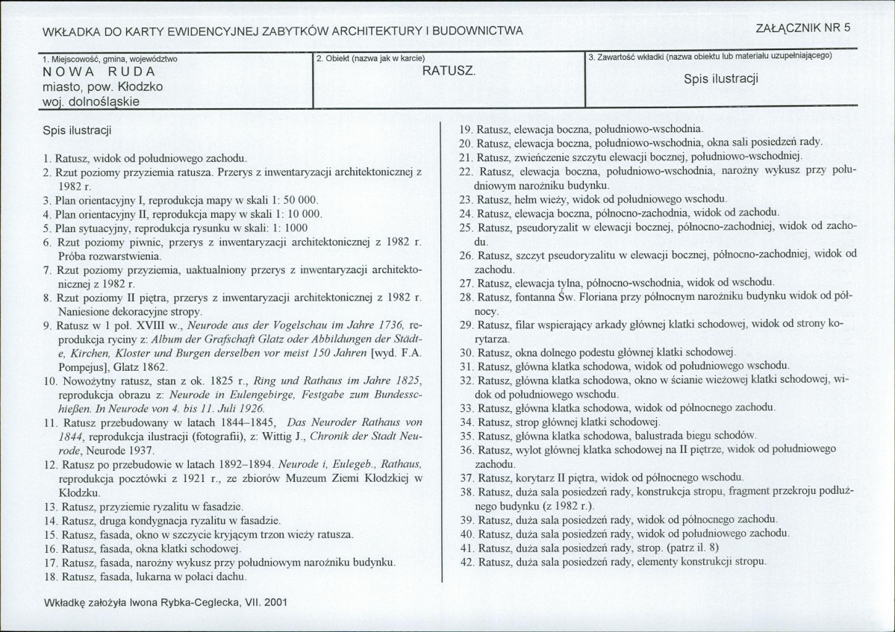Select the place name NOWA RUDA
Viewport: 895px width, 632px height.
(x=99, y=72)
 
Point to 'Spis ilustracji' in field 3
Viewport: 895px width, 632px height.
(x=721, y=79)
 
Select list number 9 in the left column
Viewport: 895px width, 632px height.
(x=47, y=326)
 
